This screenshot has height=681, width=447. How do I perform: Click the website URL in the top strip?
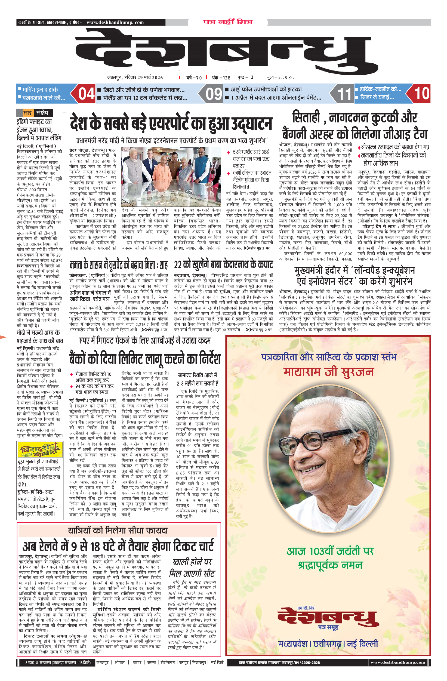coord(115,22)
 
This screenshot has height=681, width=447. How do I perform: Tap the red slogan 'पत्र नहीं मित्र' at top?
coord(228,22)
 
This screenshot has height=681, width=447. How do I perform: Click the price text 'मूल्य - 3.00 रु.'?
coord(280,77)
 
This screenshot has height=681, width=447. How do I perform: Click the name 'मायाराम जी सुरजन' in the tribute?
coord(329,372)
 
